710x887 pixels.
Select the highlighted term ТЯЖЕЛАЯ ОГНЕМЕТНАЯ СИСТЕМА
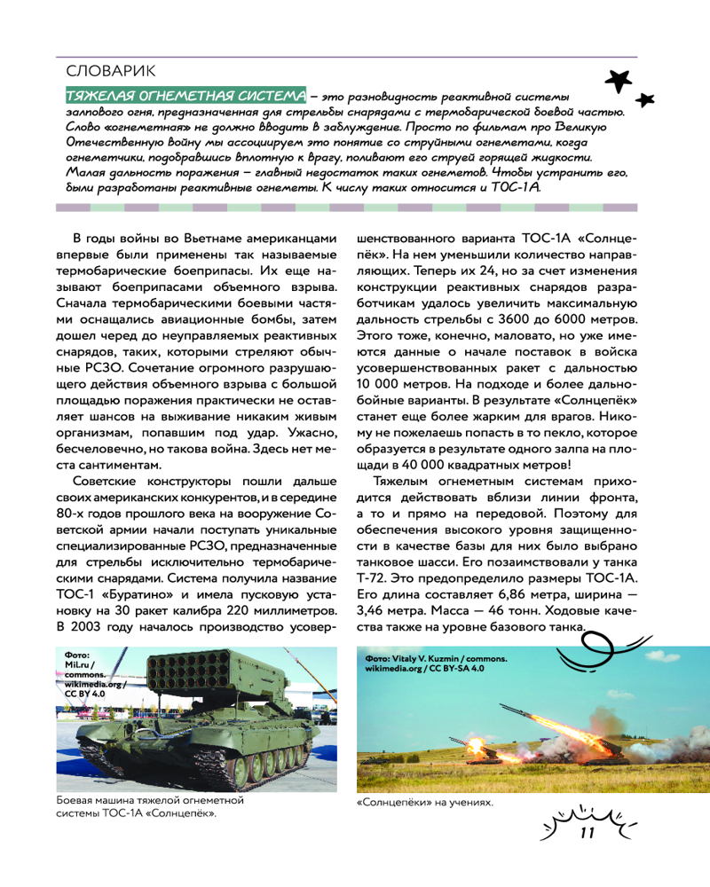pos(185,95)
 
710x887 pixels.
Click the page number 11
pos(587,833)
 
